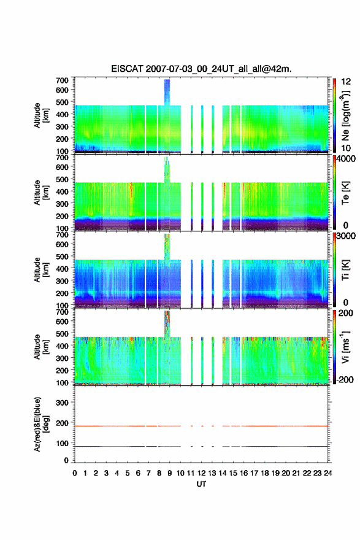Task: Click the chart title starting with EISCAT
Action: tap(201, 69)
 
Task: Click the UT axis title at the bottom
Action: tap(201, 484)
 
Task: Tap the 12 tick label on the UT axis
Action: tap(201, 473)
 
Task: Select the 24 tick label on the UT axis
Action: tap(327, 473)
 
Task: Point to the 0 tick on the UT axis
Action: tap(75, 473)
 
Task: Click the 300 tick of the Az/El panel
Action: tap(62, 403)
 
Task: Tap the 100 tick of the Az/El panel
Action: tap(62, 443)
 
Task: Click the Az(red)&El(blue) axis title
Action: tap(40, 424)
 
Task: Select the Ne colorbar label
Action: tap(345, 116)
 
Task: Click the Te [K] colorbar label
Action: tap(345, 193)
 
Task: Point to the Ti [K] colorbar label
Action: tap(345, 270)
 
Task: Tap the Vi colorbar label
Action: tap(345, 347)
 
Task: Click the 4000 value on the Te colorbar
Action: tap(347, 160)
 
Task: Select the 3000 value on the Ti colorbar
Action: tap(347, 236)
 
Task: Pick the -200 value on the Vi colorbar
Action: tap(345, 379)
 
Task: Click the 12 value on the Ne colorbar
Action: tap(346, 81)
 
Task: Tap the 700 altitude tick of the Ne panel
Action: tap(62, 80)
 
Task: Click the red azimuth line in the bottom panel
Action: tap(201, 426)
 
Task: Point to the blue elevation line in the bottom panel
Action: tap(201, 446)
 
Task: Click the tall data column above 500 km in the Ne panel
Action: tap(167, 92)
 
